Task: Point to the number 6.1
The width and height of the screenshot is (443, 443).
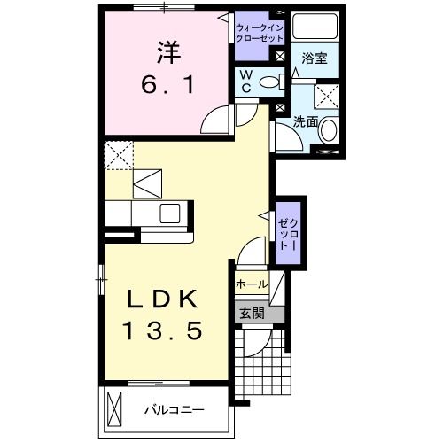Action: coord(167,86)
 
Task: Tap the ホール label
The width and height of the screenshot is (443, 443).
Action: coord(252,284)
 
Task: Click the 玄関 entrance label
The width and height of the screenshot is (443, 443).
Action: coord(252,312)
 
